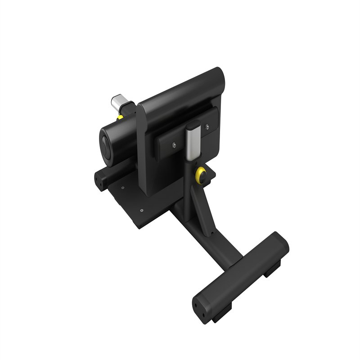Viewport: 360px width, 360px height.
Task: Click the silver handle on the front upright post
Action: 192,143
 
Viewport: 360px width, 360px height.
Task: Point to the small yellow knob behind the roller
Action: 120,117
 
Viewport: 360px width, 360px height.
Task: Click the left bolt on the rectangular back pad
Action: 174,145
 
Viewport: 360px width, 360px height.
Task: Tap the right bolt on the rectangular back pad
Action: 207,127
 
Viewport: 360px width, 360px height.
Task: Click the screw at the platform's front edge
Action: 142,210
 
